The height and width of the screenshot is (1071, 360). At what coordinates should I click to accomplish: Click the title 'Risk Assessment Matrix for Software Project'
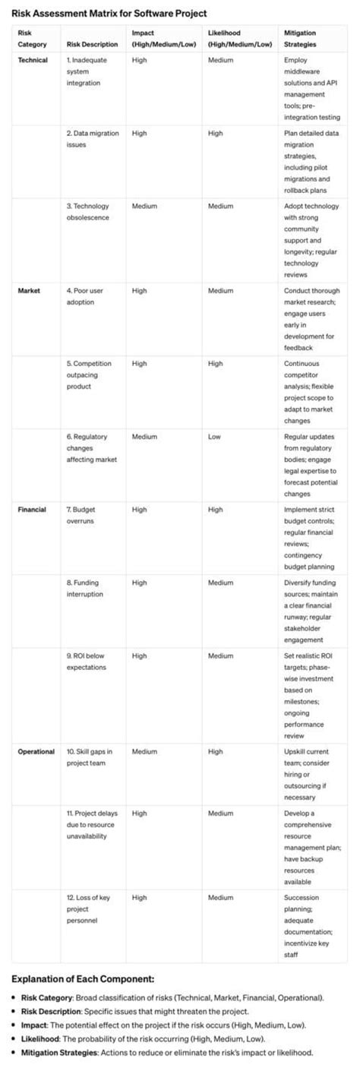[109, 14]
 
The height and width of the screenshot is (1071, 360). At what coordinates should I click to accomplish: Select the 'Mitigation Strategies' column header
[301, 38]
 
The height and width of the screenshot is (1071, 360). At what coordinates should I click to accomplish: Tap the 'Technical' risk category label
[33, 59]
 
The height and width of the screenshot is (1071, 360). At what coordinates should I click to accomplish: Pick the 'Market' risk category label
[29, 290]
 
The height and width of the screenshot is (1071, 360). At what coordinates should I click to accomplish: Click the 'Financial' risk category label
[32, 510]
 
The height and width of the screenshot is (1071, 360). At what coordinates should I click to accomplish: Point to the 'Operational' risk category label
[36, 751]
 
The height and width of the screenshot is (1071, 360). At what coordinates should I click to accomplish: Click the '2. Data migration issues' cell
[93, 138]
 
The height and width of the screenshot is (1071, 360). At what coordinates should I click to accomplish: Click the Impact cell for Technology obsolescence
[144, 206]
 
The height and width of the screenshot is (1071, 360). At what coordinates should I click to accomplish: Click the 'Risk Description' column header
[92, 44]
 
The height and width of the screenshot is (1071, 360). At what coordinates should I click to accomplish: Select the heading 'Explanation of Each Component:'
[83, 978]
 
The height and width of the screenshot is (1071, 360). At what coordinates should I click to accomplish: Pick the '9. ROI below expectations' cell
[87, 661]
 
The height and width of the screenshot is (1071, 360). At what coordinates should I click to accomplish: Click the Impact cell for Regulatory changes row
[144, 437]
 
